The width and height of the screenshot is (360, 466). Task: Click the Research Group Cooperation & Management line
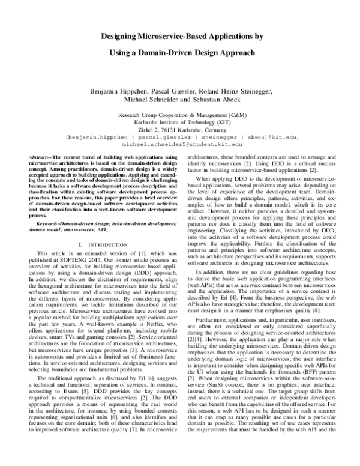pos(180,113)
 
